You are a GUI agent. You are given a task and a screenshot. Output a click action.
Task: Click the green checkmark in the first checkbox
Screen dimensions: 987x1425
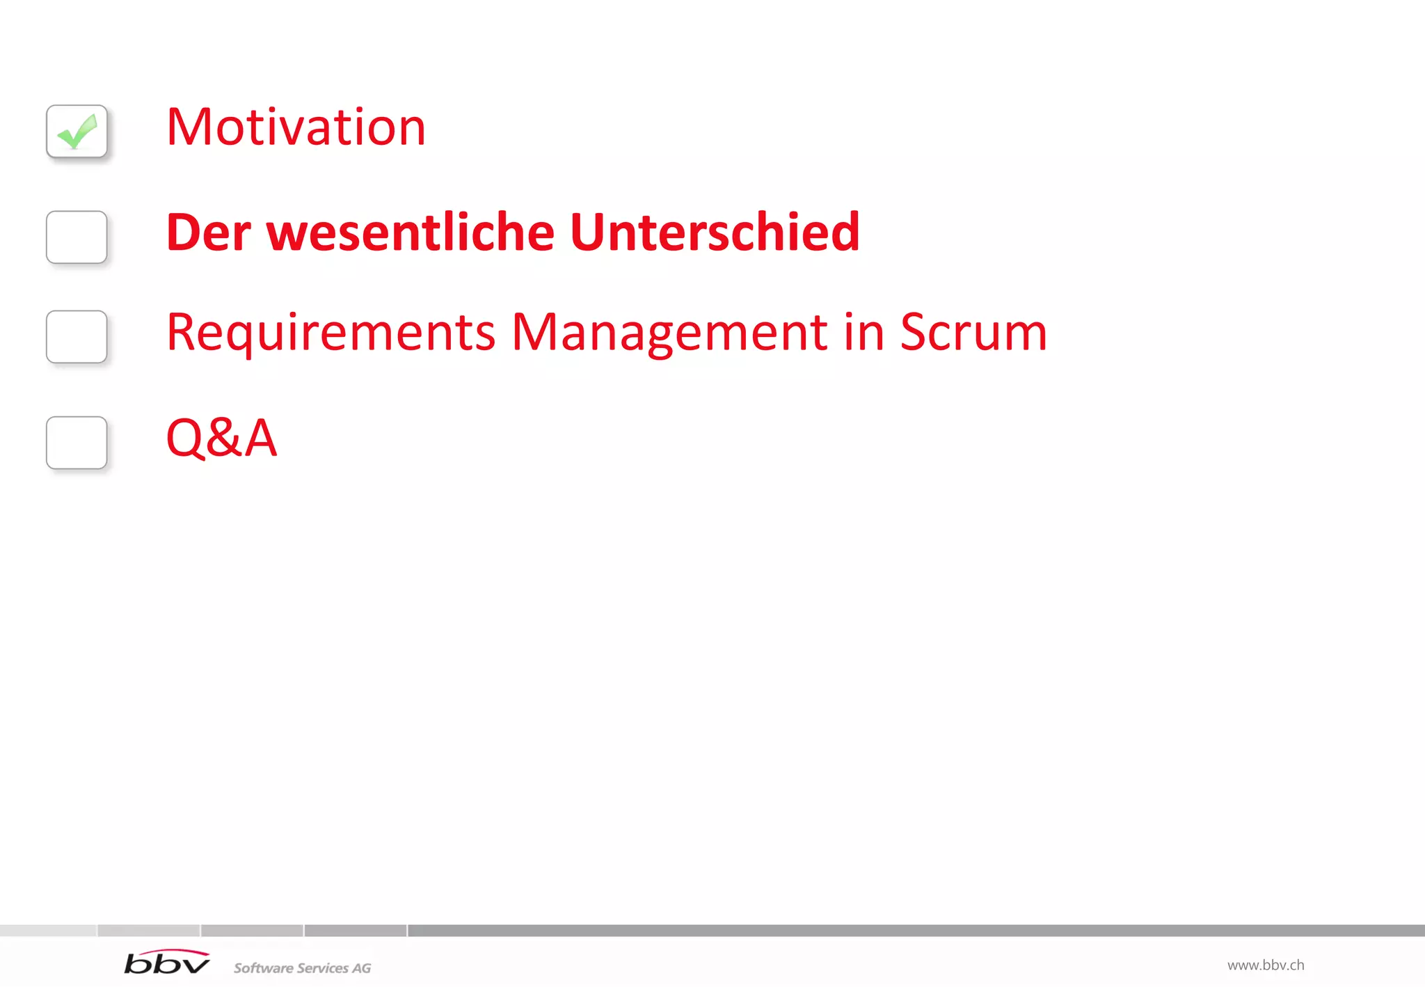(x=77, y=132)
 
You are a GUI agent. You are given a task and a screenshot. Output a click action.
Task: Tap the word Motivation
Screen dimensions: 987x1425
(x=296, y=127)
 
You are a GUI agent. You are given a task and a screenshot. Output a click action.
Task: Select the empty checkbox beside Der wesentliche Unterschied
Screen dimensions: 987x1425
(x=77, y=237)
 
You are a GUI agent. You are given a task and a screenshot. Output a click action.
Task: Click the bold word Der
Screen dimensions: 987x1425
(x=208, y=232)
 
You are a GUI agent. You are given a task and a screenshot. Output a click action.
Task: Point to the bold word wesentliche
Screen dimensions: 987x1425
(x=411, y=232)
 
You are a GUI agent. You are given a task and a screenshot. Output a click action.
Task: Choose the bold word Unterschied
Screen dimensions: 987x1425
(x=715, y=232)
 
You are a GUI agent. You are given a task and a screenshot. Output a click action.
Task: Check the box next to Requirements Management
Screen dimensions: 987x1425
(x=77, y=337)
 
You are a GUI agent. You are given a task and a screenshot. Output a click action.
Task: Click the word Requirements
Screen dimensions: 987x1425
(x=331, y=333)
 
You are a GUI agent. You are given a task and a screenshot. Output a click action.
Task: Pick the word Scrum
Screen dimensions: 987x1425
(x=973, y=333)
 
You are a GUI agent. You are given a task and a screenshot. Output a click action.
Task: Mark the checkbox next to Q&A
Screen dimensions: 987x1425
(x=77, y=443)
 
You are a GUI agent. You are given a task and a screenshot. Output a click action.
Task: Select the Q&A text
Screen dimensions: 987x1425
(x=221, y=439)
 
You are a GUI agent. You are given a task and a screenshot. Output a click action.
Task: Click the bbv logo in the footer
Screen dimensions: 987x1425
(x=166, y=963)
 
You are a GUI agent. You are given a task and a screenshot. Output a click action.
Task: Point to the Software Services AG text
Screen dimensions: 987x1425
(x=302, y=968)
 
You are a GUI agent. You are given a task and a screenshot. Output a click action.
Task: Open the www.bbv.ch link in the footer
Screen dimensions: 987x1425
(x=1265, y=965)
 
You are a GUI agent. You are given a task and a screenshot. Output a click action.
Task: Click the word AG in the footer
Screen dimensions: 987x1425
(x=361, y=968)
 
